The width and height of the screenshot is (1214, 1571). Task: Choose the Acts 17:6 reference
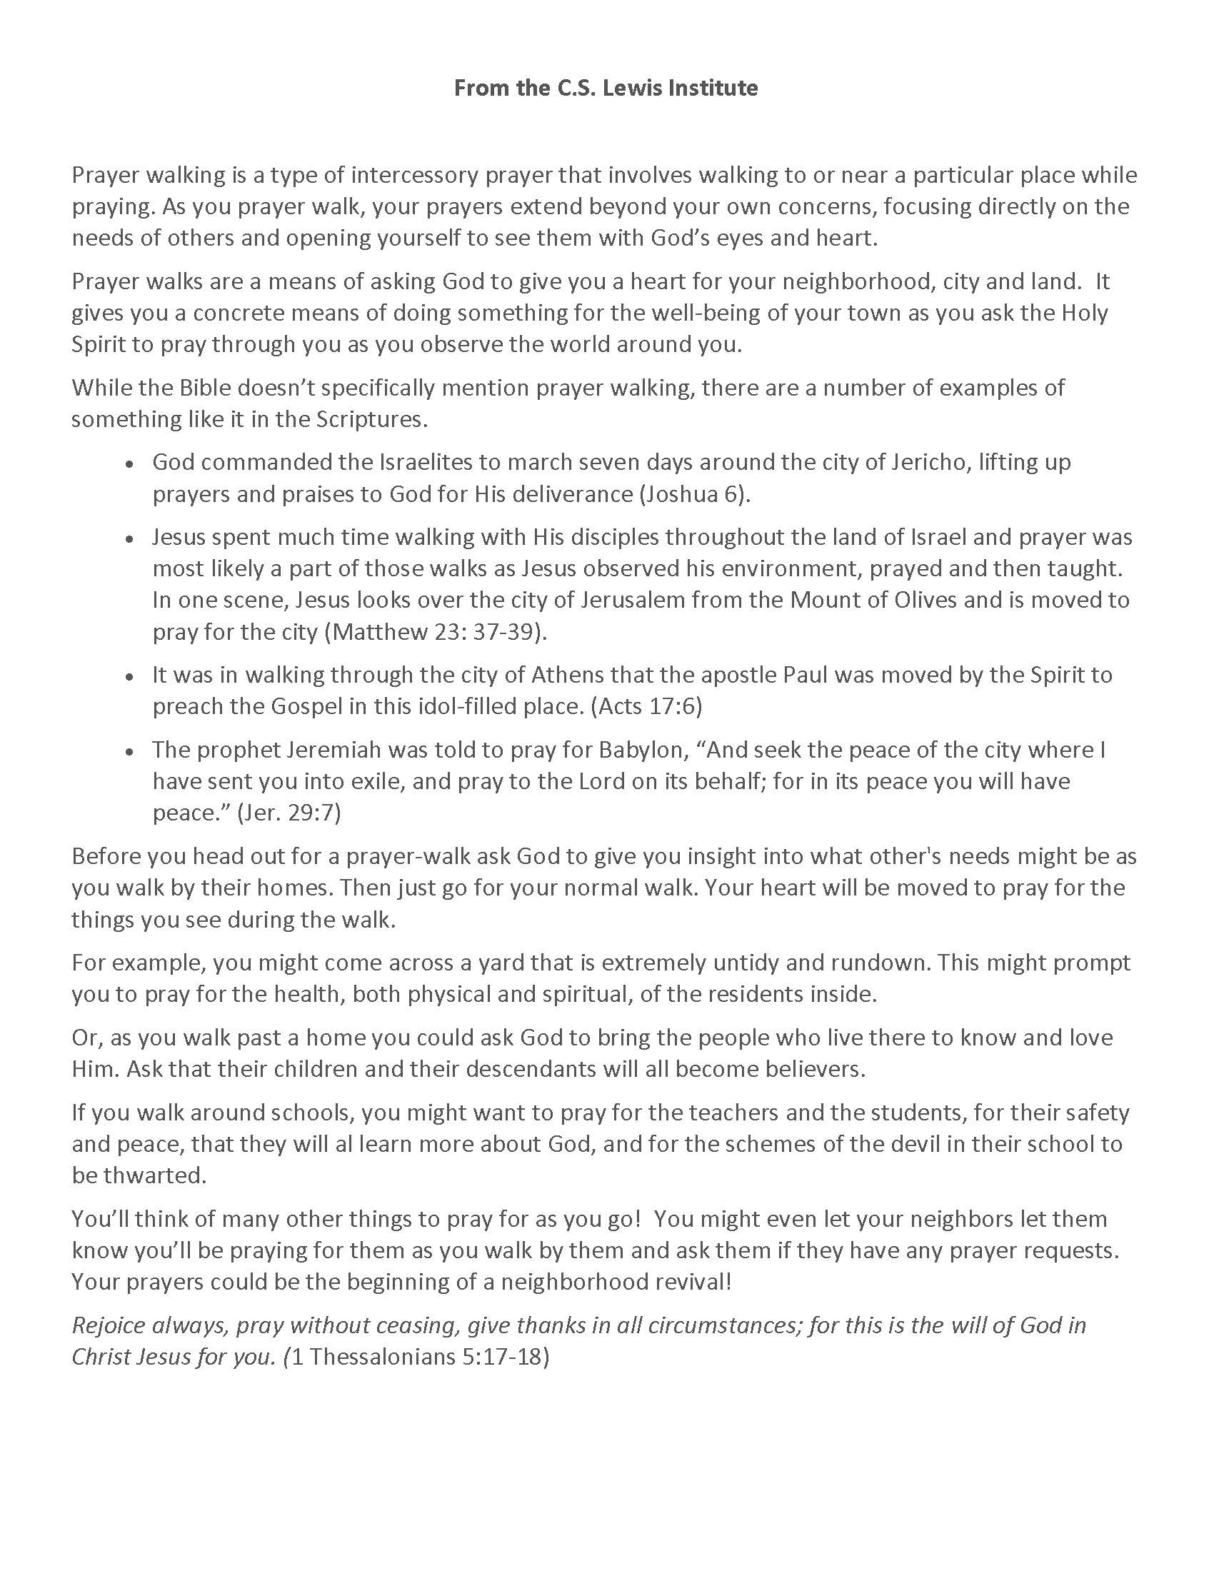point(646,706)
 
